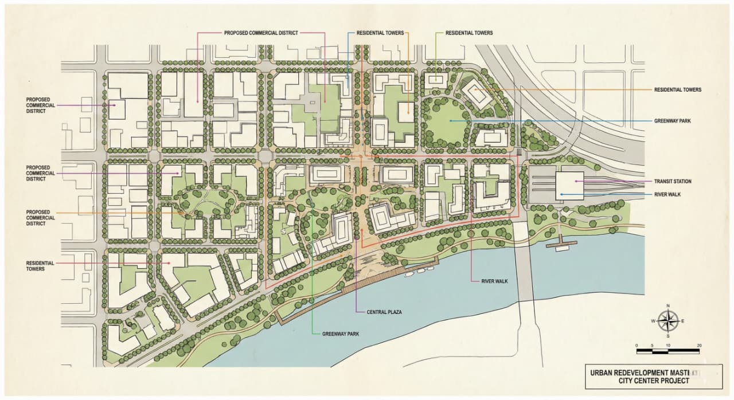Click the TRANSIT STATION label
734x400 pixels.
[x=673, y=181]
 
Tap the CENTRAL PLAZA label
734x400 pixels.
[x=384, y=312]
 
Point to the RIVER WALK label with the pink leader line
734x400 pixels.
[x=494, y=281]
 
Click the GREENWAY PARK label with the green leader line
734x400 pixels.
[x=340, y=334]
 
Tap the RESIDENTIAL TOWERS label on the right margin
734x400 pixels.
[x=677, y=90]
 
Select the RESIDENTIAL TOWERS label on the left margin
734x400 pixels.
[x=40, y=266]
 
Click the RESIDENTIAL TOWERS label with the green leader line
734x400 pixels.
[x=469, y=33]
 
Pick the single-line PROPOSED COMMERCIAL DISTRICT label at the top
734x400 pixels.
[x=261, y=33]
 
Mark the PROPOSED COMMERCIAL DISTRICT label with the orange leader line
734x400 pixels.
[x=40, y=218]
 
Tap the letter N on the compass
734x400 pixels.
[x=668, y=306]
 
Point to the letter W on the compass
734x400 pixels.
[x=653, y=321]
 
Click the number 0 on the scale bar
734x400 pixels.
[x=638, y=345]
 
